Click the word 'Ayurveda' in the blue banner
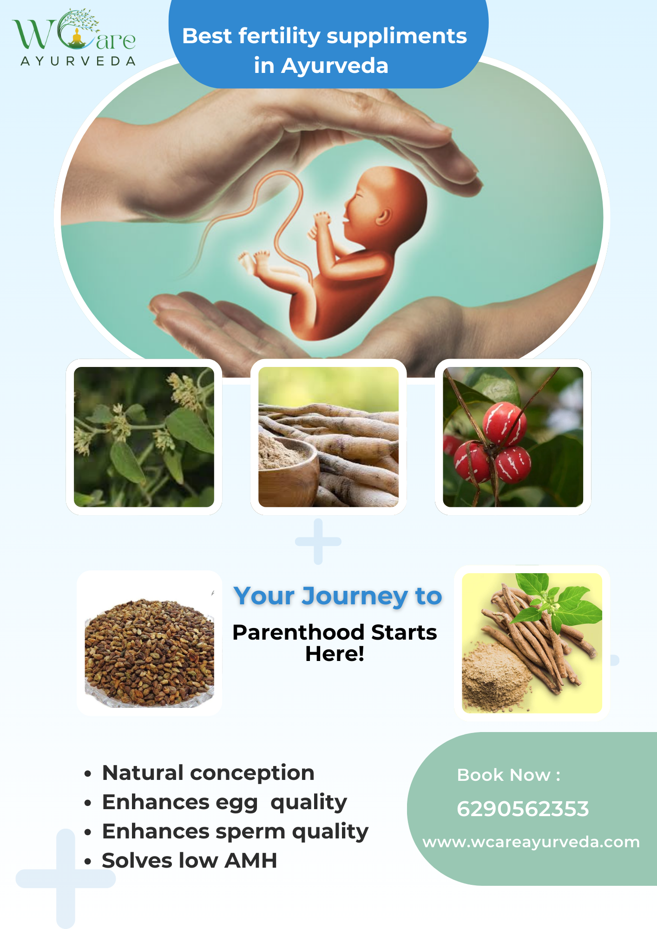[x=335, y=65]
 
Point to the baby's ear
[x=384, y=216]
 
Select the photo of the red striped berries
[x=513, y=437]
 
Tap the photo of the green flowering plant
[x=144, y=437]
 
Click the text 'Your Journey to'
[x=338, y=596]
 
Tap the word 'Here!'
[x=335, y=654]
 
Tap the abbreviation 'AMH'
[x=251, y=860]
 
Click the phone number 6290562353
[x=523, y=809]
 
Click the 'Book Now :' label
[x=509, y=775]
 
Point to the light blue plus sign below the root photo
[x=318, y=542]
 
